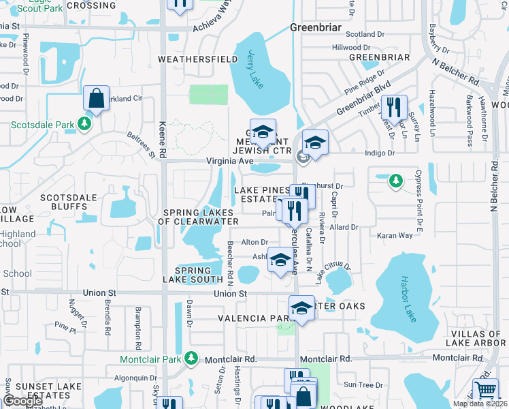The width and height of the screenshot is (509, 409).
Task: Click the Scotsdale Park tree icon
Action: [x=84, y=124]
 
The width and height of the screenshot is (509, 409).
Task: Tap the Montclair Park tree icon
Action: [x=192, y=358]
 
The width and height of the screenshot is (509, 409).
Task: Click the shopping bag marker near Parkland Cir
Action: [x=97, y=99]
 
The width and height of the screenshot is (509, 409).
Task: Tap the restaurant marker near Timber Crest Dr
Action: [x=393, y=107]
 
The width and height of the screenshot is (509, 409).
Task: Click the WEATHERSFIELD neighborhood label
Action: [x=188, y=59]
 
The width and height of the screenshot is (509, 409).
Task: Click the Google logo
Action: [x=23, y=401]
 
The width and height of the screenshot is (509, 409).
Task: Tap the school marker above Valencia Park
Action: [x=301, y=308]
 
